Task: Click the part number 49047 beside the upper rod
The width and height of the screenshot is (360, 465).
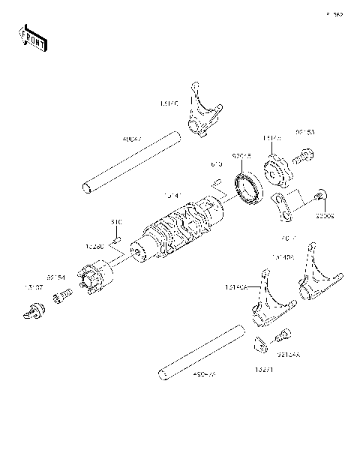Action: [x=131, y=139]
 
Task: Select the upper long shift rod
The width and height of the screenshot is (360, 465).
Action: [x=131, y=163]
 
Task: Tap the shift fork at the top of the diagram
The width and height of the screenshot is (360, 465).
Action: [x=202, y=112]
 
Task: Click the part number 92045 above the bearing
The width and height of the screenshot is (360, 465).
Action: [x=240, y=156]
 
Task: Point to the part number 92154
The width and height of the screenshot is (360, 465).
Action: [x=56, y=277]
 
